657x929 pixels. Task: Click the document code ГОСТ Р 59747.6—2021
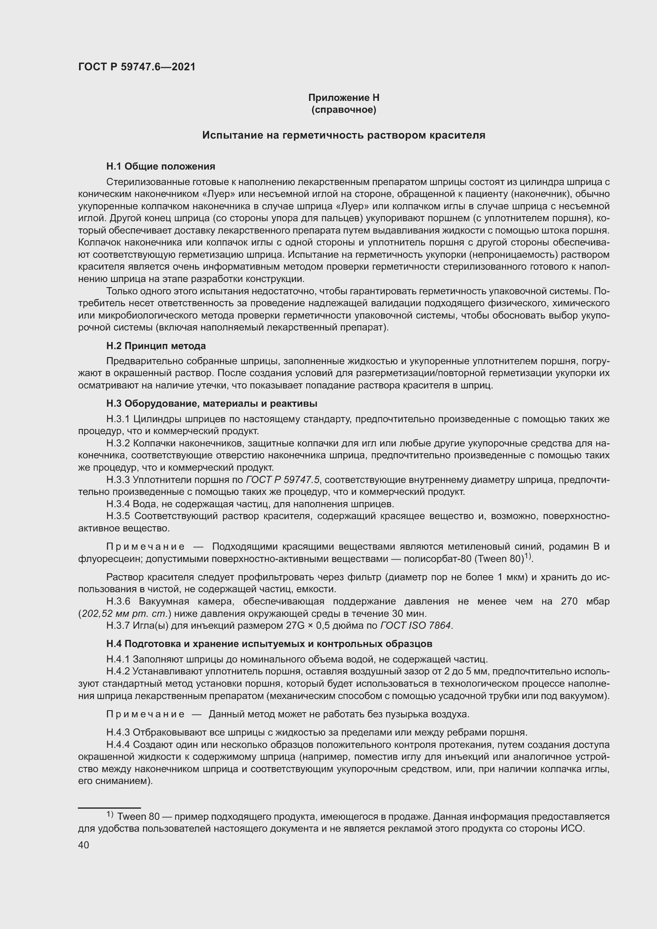click(x=136, y=67)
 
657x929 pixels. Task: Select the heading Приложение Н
click(x=344, y=98)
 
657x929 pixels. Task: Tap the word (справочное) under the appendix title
click(x=344, y=110)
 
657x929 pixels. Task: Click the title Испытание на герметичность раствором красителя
click(x=344, y=135)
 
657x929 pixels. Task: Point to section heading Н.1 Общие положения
click(x=160, y=166)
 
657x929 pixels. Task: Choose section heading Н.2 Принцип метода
click(x=156, y=346)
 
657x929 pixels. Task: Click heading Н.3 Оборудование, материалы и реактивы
click(x=212, y=404)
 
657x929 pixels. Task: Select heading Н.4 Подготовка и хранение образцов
click(x=269, y=644)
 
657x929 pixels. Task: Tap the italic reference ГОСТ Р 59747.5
click(x=282, y=480)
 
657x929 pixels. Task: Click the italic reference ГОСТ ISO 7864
click(x=415, y=626)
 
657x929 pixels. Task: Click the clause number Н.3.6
click(x=118, y=601)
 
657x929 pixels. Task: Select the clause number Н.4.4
click(x=118, y=745)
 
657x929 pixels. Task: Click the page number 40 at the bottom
click(x=84, y=845)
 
